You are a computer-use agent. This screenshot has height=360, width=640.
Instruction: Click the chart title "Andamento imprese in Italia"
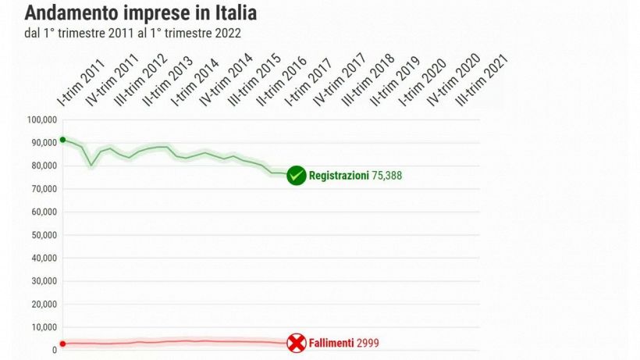(x=140, y=13)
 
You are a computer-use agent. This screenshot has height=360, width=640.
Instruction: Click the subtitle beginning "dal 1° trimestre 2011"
(x=133, y=33)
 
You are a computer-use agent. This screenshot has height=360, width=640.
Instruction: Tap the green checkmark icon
(x=296, y=176)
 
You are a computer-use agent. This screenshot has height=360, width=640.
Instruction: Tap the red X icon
(x=296, y=343)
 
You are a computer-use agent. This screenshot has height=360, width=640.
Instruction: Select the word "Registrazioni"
(x=339, y=176)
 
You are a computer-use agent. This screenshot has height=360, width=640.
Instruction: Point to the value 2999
(x=368, y=343)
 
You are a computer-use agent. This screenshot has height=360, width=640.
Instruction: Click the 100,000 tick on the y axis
(x=42, y=120)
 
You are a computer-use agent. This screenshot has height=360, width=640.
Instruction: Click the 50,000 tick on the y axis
(x=44, y=235)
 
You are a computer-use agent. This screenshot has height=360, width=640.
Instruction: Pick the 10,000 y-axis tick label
(x=44, y=327)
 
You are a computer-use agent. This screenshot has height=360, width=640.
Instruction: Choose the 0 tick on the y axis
(x=54, y=350)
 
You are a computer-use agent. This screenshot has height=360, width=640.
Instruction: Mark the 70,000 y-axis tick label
(x=44, y=189)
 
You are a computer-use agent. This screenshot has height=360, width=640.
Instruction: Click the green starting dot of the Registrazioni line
(x=62, y=140)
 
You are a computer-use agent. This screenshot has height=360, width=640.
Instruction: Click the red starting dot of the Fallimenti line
(x=62, y=344)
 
